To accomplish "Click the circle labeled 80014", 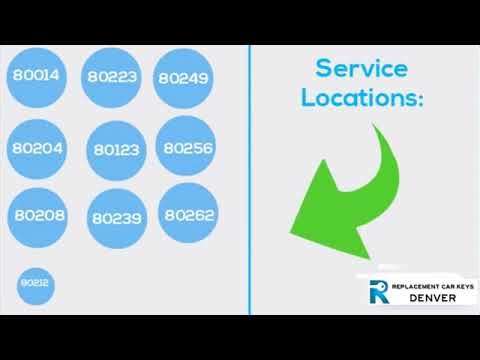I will point(36,75).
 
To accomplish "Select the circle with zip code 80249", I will point(183,77).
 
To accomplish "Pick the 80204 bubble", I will point(37,148).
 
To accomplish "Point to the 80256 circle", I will point(187,148).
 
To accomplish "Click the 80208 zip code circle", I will point(38,215).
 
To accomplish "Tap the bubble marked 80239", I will point(117,218).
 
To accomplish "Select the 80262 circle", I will point(189,214).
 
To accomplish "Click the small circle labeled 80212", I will point(35,283).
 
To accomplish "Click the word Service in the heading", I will point(361,69).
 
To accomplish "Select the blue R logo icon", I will point(378,292).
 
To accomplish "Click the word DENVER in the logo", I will point(433,298).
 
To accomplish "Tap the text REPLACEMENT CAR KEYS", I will point(433,286).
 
